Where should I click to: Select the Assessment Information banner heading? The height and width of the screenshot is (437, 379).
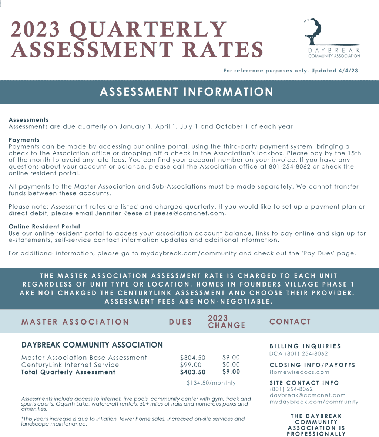(x=187, y=92)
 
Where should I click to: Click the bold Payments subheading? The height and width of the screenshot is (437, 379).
(x=24, y=140)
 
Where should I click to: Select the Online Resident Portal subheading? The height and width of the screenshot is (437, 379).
(x=44, y=226)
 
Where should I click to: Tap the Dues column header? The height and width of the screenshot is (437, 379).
(x=181, y=322)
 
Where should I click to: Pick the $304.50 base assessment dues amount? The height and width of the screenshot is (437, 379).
(x=192, y=358)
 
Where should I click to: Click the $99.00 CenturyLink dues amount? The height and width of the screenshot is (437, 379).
(x=191, y=365)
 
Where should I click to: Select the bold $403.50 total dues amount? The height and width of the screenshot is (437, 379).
(x=192, y=372)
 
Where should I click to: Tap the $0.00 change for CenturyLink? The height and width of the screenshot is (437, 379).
(x=231, y=365)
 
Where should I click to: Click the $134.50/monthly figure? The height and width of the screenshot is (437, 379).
(x=211, y=383)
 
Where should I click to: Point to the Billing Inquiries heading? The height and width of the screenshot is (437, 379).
(x=305, y=346)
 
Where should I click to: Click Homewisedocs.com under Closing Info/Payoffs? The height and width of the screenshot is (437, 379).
(x=299, y=372)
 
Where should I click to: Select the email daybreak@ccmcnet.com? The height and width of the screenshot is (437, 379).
(x=307, y=395)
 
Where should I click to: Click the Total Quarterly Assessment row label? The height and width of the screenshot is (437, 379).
(x=68, y=372)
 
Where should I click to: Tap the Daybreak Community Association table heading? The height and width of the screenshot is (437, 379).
(x=92, y=345)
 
